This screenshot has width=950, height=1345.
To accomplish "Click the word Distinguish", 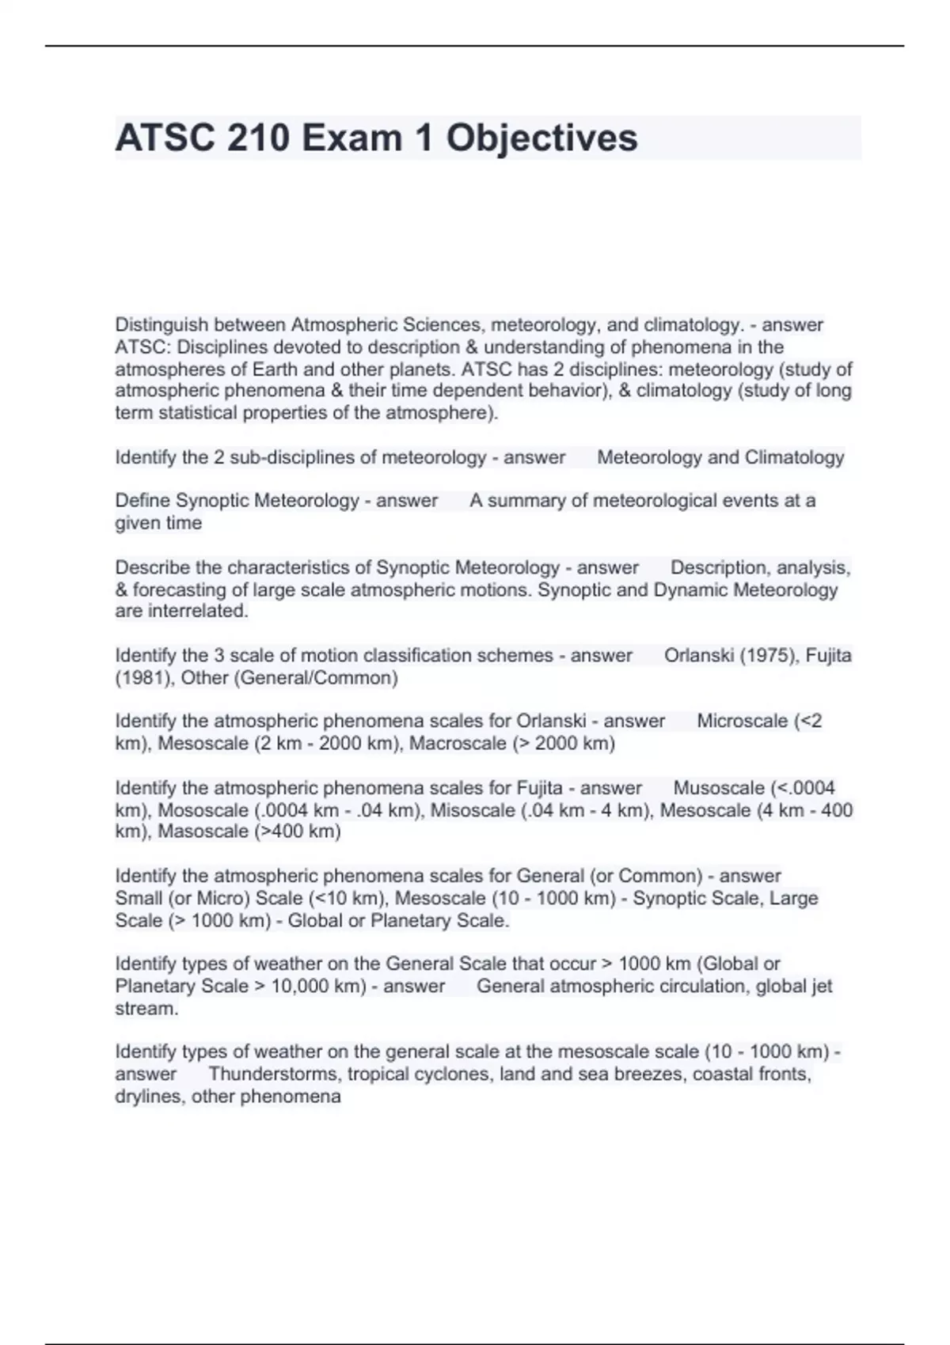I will coord(161,325).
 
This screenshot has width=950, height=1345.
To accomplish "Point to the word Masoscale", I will coord(203,832).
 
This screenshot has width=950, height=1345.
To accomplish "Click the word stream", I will coord(146,1009).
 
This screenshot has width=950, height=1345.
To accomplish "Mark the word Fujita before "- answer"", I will coord(539,788).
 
